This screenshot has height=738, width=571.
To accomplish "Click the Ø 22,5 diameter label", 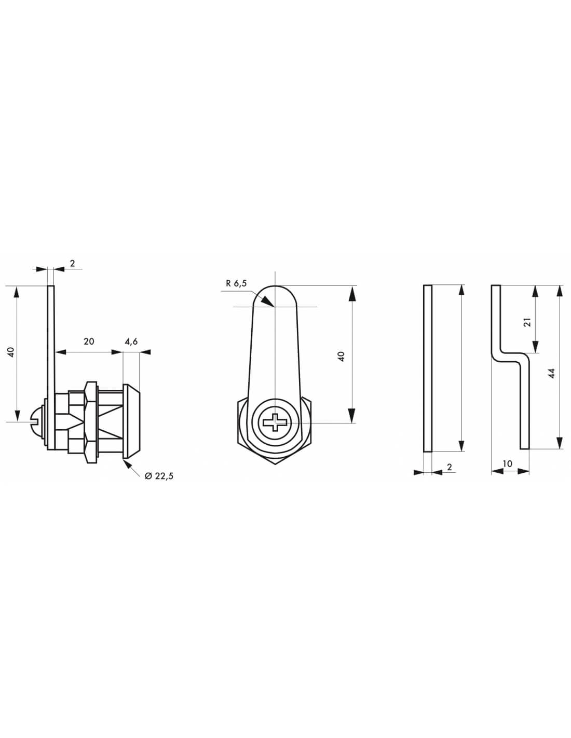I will (x=159, y=475).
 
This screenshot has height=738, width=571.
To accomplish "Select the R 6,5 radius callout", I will (x=237, y=283).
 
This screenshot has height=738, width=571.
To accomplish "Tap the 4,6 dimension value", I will (x=131, y=341).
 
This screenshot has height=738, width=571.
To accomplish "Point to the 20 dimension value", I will (x=89, y=341).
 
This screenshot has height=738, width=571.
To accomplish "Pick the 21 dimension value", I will (x=527, y=322).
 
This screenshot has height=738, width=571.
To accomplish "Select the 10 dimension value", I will (x=507, y=463).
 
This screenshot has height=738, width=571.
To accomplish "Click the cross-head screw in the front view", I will (x=275, y=422).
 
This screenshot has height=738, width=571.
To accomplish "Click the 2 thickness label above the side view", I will (x=72, y=263).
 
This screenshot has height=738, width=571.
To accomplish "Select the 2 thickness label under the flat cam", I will (x=449, y=467).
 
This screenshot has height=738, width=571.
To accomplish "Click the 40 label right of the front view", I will (x=341, y=356).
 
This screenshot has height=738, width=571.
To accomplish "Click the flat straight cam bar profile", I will (x=428, y=368).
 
